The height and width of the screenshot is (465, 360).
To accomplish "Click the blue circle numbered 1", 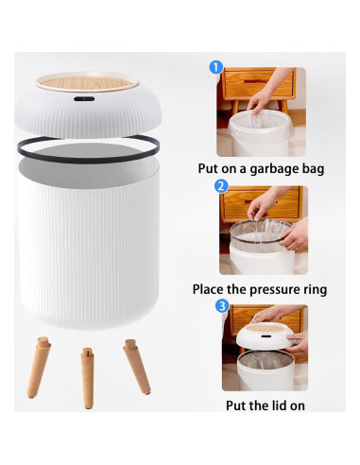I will point(216,67).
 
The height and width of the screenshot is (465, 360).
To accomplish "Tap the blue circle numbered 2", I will point(220,186).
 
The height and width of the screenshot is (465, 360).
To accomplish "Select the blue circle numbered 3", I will point(221,305).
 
